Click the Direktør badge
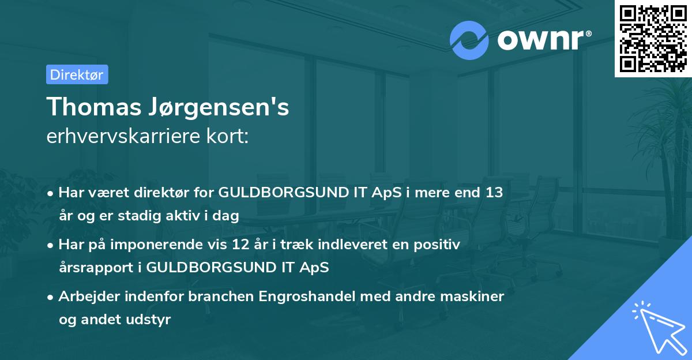[77, 74]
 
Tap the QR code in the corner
[653, 38]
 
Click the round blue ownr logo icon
[469, 40]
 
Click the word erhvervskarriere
[117, 137]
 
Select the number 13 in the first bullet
[495, 193]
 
